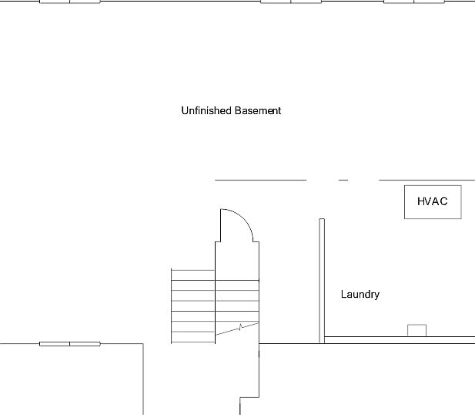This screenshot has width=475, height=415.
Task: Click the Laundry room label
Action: [x=360, y=295]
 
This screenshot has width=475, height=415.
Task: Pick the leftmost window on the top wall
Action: [x=69, y=2]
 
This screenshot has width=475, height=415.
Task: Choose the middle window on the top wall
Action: [x=290, y=2]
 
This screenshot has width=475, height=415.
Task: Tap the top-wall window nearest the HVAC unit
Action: [x=414, y=2]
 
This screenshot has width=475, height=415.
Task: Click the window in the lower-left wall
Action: [x=69, y=343]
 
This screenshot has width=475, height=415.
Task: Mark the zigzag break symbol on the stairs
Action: [x=242, y=328]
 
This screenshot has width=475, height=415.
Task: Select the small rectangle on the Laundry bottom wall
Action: [x=416, y=330]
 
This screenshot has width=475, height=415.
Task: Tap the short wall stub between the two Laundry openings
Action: [x=343, y=180]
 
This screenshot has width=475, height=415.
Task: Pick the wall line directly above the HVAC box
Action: [x=426, y=180]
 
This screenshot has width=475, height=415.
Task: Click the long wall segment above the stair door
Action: [x=260, y=180]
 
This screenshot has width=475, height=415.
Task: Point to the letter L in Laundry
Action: [x=343, y=295]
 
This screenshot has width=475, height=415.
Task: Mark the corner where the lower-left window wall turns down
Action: [x=143, y=343]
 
